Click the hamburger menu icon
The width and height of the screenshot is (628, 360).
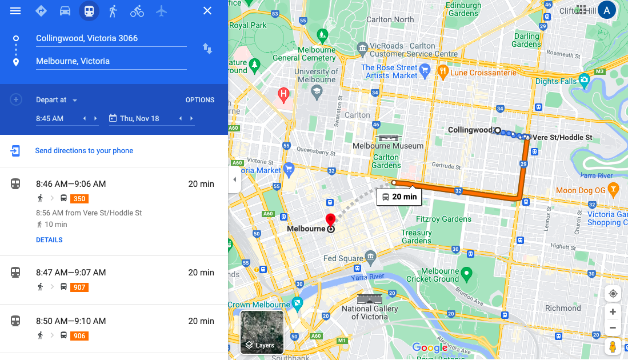pyautogui.click(x=15, y=11)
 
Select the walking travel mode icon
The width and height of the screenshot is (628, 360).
pyautogui.click(x=113, y=11)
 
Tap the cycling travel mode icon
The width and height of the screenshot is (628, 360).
pyautogui.click(x=137, y=11)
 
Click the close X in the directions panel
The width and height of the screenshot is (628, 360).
pyautogui.click(x=207, y=11)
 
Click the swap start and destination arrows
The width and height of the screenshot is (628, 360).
pyautogui.click(x=207, y=49)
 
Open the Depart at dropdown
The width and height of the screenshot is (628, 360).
pyautogui.click(x=57, y=100)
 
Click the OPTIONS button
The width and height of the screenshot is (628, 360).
pyautogui.click(x=200, y=100)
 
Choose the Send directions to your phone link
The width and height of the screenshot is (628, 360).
pyautogui.click(x=84, y=151)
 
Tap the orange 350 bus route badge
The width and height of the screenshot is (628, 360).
pyautogui.click(x=79, y=199)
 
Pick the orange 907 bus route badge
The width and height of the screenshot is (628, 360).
pyautogui.click(x=79, y=287)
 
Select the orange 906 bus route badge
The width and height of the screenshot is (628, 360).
pyautogui.click(x=79, y=336)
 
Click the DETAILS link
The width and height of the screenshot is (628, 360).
pyautogui.click(x=49, y=240)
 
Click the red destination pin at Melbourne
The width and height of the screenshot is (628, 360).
pyautogui.click(x=330, y=220)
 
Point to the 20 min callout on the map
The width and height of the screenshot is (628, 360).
pyautogui.click(x=399, y=197)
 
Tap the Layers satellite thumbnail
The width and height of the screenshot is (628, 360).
pyautogui.click(x=262, y=332)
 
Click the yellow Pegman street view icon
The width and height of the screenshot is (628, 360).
pyautogui.click(x=613, y=346)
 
